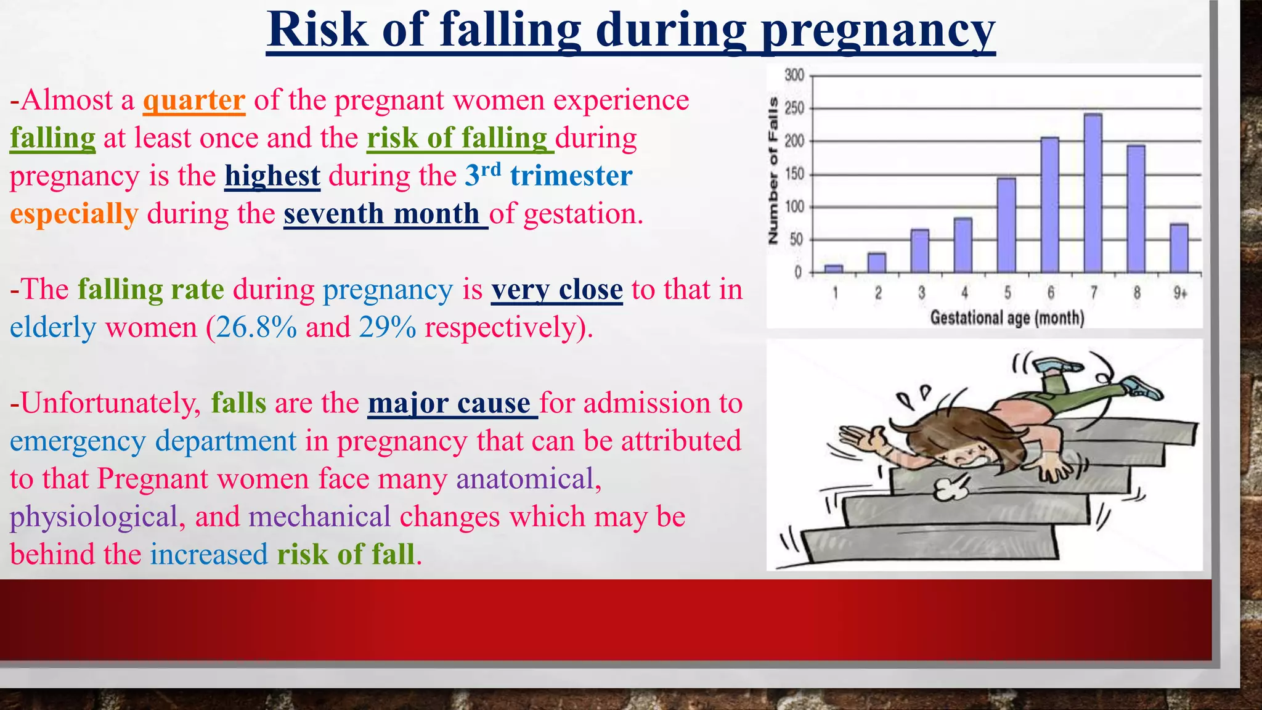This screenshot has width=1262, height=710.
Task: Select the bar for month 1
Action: click(834, 269)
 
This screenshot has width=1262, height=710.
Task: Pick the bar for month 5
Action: click(1006, 225)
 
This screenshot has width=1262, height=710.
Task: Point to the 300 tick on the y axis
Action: click(794, 75)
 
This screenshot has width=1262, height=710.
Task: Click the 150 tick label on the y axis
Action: click(794, 174)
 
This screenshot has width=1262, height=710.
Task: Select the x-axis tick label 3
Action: click(921, 293)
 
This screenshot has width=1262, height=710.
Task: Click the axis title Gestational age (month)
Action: click(1007, 318)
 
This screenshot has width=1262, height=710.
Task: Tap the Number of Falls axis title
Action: click(773, 171)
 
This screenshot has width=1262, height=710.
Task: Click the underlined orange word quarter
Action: click(194, 100)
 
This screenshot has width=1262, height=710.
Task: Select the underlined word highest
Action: click(272, 176)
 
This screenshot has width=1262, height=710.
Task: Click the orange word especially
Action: click(74, 214)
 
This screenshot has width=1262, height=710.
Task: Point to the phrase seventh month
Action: click(382, 214)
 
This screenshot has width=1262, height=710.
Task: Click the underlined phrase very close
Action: click(557, 290)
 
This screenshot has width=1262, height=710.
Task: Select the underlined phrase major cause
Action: click(450, 404)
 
